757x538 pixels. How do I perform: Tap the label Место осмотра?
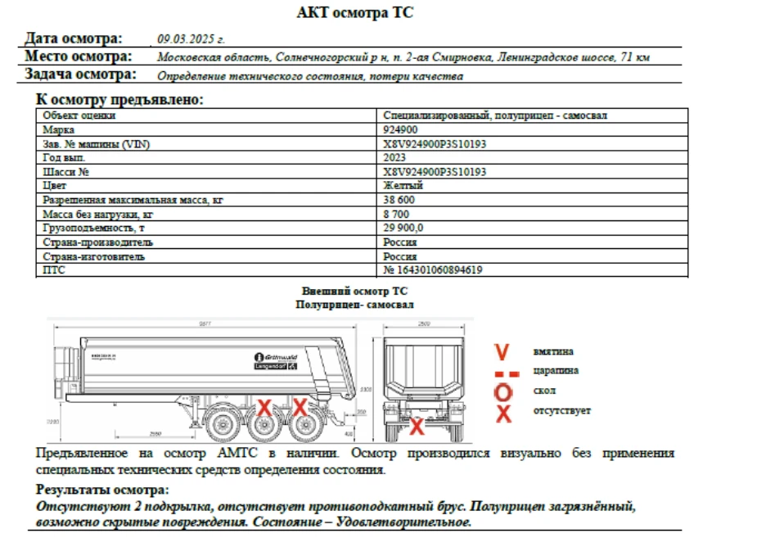point(78,57)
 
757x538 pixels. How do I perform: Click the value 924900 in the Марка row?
point(400,129)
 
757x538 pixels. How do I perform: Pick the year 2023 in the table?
point(394,157)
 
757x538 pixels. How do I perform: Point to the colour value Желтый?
point(403,186)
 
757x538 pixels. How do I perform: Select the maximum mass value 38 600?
point(399,200)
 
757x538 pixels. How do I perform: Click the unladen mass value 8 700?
point(396,214)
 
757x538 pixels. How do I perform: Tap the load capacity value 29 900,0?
point(403,228)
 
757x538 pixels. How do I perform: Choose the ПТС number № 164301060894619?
point(432,270)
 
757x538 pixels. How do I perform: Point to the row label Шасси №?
point(65,172)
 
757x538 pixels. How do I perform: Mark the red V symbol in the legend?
point(502,352)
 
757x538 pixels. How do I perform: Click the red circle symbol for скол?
point(504,391)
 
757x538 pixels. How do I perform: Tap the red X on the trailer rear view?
point(417,425)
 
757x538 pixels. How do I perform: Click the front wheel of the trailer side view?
point(221,425)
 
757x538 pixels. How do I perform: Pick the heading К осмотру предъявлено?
point(119,99)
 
